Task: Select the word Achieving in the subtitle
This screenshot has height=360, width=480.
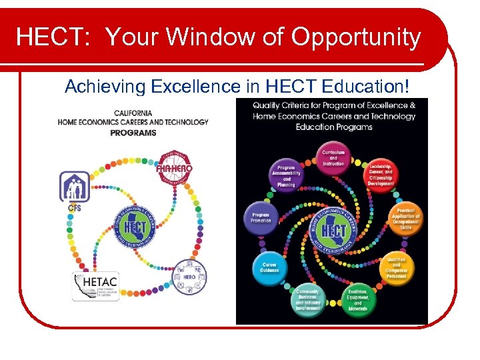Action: coord(105,86)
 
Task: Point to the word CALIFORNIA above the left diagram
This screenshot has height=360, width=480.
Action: coord(133,113)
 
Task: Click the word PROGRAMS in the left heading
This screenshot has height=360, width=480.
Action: coord(133,132)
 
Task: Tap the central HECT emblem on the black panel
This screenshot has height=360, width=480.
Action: coord(333,231)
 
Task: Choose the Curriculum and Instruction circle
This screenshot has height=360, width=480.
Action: coord(333,158)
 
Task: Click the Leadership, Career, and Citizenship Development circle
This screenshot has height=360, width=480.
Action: coord(380,175)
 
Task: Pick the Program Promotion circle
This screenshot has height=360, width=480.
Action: coord(261,218)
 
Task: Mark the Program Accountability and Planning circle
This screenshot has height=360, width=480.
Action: coord(286,175)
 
